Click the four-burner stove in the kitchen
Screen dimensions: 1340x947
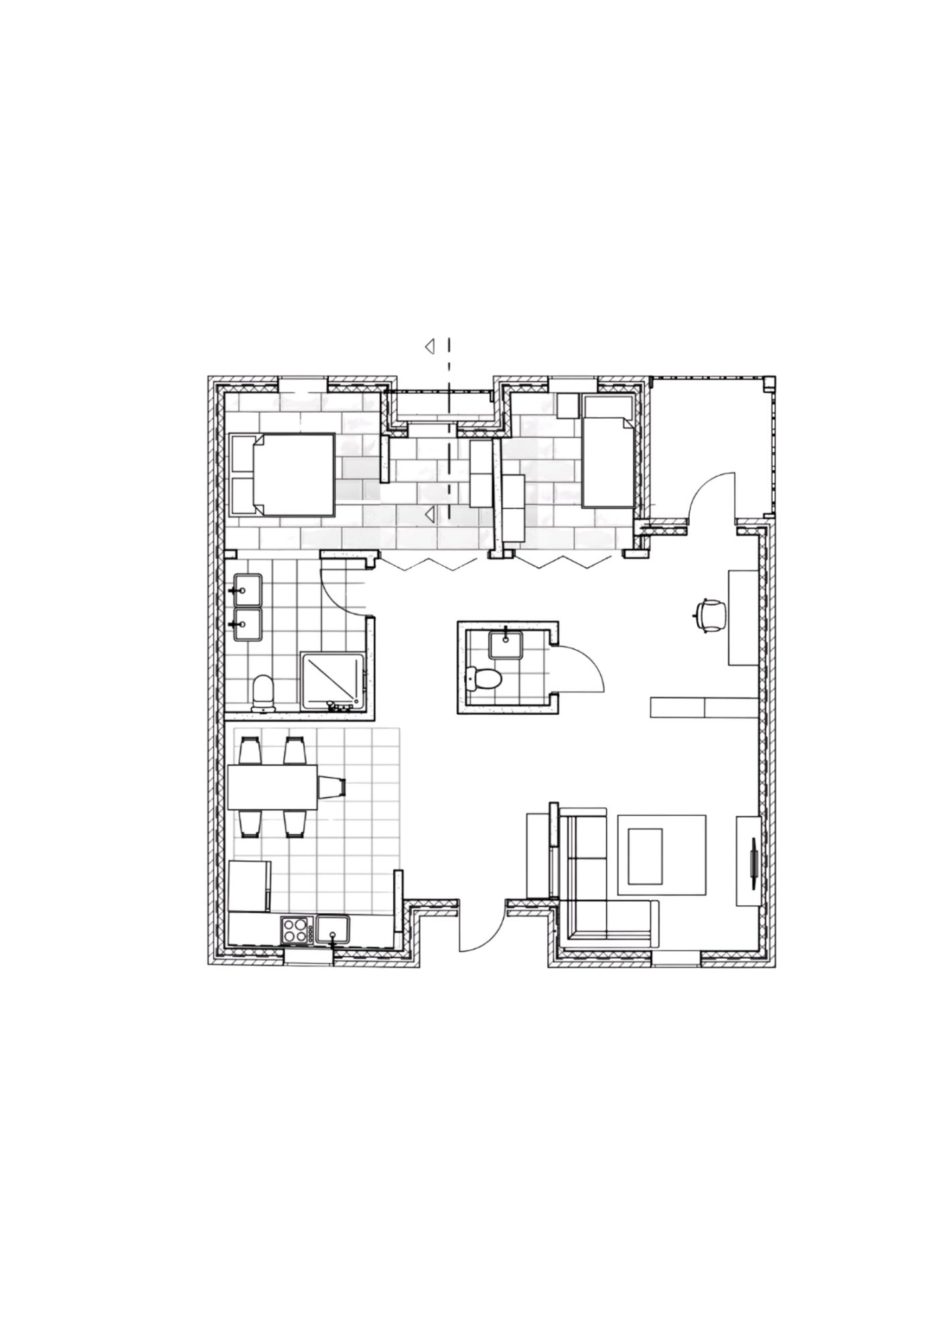click(x=295, y=931)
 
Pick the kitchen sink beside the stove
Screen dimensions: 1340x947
click(x=333, y=930)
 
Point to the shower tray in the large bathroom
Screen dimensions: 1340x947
click(x=333, y=681)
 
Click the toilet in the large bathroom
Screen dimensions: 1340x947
click(x=263, y=692)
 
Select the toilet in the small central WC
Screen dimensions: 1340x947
click(x=485, y=679)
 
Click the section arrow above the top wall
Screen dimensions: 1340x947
click(x=429, y=346)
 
